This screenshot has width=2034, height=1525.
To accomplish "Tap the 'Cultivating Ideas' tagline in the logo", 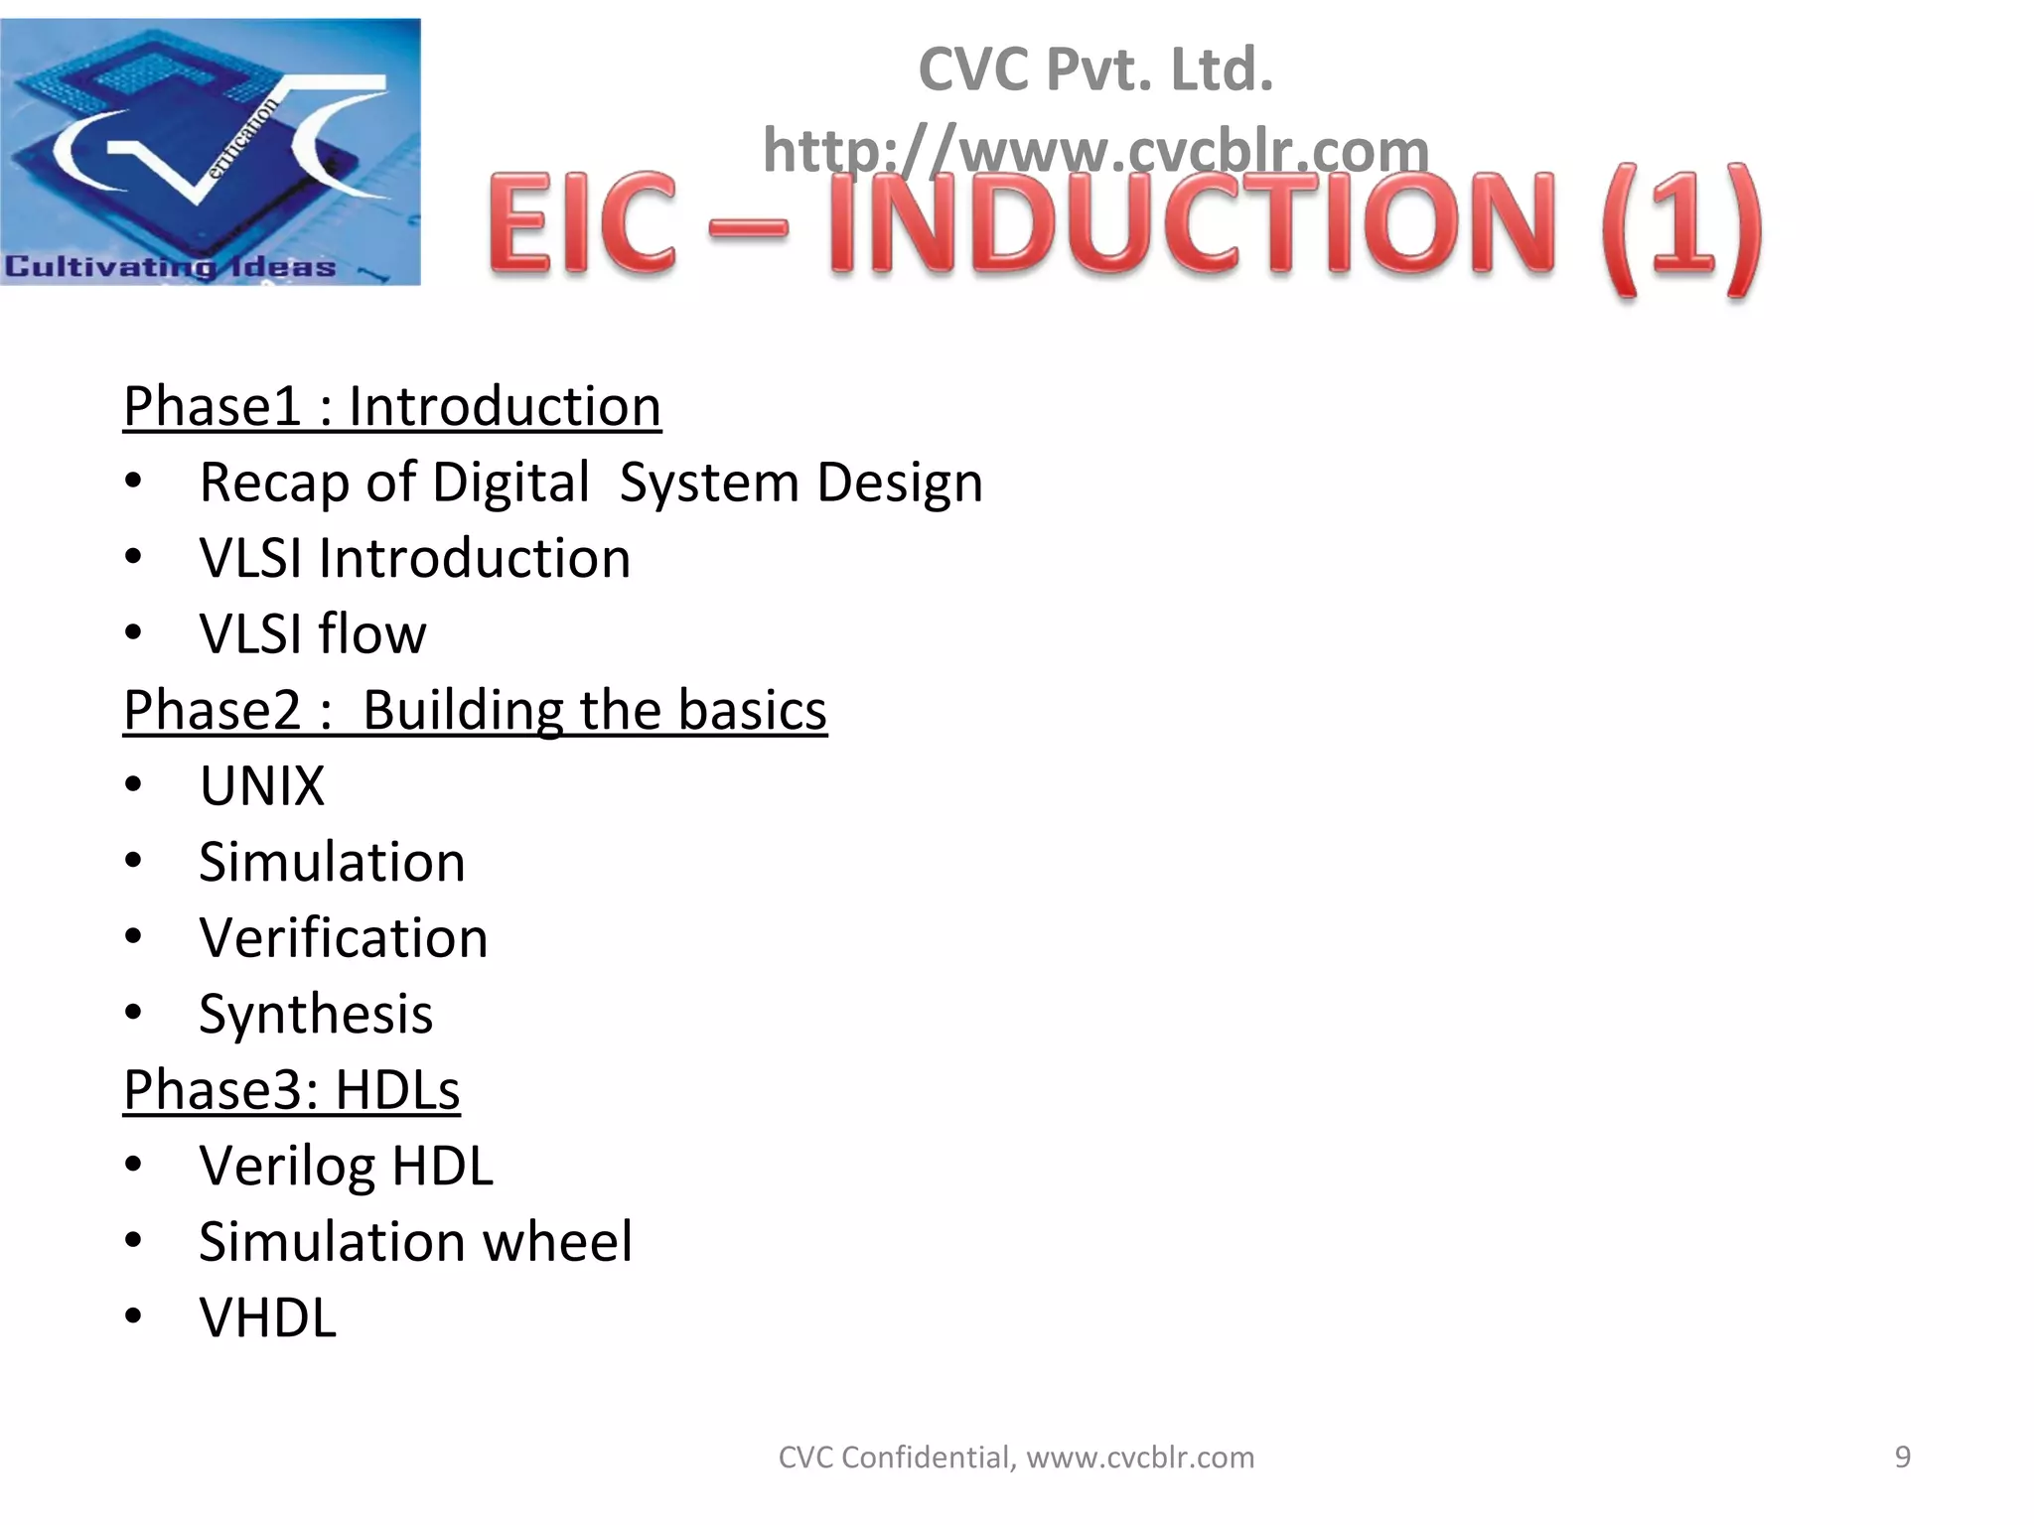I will [171, 267].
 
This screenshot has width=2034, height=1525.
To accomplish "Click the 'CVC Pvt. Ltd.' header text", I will [1095, 69].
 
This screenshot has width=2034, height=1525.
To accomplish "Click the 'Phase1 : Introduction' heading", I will [391, 406].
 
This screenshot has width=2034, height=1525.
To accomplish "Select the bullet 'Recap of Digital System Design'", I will [591, 483].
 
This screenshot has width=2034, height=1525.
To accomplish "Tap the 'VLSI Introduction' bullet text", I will [414, 558].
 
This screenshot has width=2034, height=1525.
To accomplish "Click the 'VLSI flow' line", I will [313, 634].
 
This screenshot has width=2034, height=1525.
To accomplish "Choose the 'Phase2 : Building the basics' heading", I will [475, 710].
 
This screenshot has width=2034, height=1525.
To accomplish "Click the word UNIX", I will [262, 786].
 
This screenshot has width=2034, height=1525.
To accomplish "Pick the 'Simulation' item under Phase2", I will [332, 862].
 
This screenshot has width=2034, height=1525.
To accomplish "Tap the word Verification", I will [344, 938].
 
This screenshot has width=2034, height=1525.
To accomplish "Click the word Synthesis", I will [316, 1014].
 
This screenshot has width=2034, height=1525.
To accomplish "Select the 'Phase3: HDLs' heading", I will [291, 1090].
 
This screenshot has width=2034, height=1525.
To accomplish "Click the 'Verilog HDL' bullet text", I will [346, 1166].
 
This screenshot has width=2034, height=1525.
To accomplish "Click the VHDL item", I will [268, 1317].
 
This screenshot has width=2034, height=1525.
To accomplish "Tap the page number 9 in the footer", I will [1902, 1456].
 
